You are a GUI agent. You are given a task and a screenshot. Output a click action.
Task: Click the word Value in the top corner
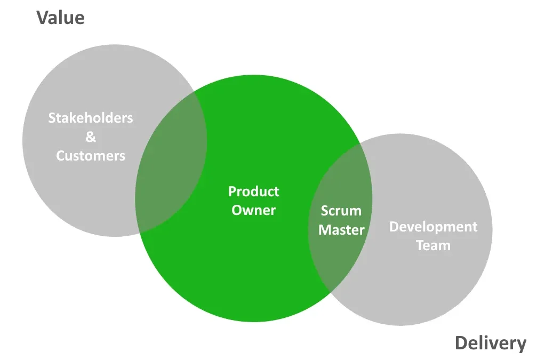click(x=60, y=18)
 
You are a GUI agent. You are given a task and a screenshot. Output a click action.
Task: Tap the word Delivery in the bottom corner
click(x=490, y=343)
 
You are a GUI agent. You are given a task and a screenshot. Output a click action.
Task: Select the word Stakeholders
click(x=91, y=118)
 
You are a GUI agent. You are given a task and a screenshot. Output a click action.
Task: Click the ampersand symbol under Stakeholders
click(x=91, y=137)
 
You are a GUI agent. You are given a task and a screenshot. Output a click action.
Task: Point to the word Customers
click(x=91, y=156)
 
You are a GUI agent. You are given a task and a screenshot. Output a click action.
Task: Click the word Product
click(x=253, y=191)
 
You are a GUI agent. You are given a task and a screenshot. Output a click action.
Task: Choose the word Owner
click(x=253, y=210)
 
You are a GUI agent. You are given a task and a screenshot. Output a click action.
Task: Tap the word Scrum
click(x=341, y=211)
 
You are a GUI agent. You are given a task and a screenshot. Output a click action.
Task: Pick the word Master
click(x=341, y=230)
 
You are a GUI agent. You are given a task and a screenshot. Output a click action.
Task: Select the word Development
click(x=433, y=227)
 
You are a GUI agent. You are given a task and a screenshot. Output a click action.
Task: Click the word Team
click(x=433, y=246)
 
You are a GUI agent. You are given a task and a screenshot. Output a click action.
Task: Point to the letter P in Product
click(x=232, y=191)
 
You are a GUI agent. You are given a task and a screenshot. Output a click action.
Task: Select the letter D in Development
click(x=394, y=227)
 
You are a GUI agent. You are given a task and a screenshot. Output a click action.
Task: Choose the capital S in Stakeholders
click(x=52, y=118)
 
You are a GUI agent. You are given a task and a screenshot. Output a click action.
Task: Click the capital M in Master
click(x=324, y=230)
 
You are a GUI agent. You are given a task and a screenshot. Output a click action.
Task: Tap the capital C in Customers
click(x=60, y=156)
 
